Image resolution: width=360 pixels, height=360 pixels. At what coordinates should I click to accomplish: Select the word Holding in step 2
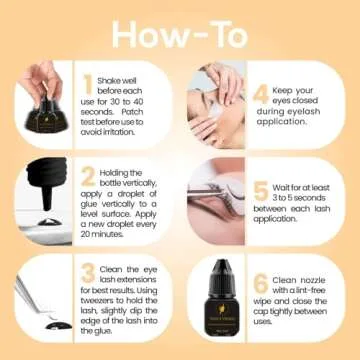118,172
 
